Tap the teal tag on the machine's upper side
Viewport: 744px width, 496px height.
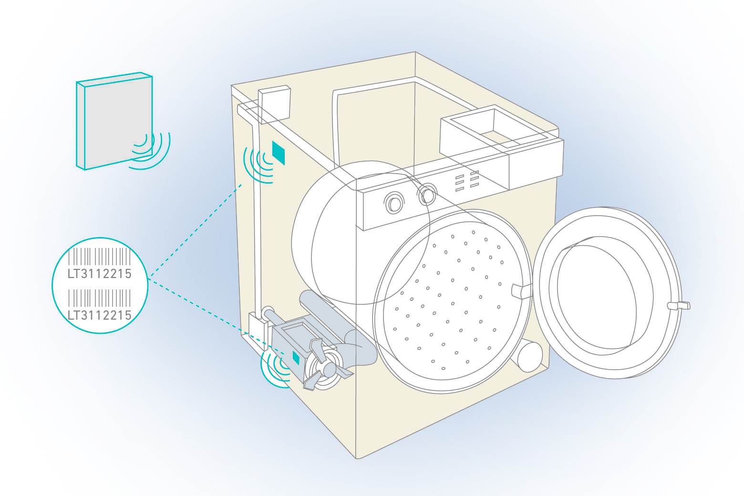[x=278, y=153]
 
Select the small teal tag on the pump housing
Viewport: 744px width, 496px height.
[x=296, y=357]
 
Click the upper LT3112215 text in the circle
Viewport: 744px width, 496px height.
[x=100, y=274]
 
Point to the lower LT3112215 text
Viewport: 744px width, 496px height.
[x=100, y=315]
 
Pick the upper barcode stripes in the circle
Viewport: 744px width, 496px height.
[x=100, y=257]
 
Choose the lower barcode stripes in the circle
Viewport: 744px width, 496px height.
[x=100, y=298]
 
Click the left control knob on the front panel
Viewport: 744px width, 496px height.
[x=394, y=202]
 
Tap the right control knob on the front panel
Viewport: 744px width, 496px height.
[x=427, y=194]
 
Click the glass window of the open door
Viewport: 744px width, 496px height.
[x=596, y=296]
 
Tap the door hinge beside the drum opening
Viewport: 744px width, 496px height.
[x=521, y=290]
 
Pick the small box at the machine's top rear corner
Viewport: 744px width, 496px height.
[x=274, y=103]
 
